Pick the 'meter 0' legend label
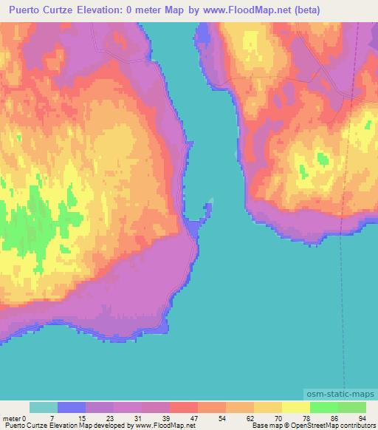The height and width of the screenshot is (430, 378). [x=14, y=417]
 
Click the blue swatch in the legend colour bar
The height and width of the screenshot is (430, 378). [x=72, y=407]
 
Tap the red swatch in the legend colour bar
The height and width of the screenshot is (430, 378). [x=184, y=407]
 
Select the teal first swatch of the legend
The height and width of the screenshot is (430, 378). [x=44, y=407]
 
